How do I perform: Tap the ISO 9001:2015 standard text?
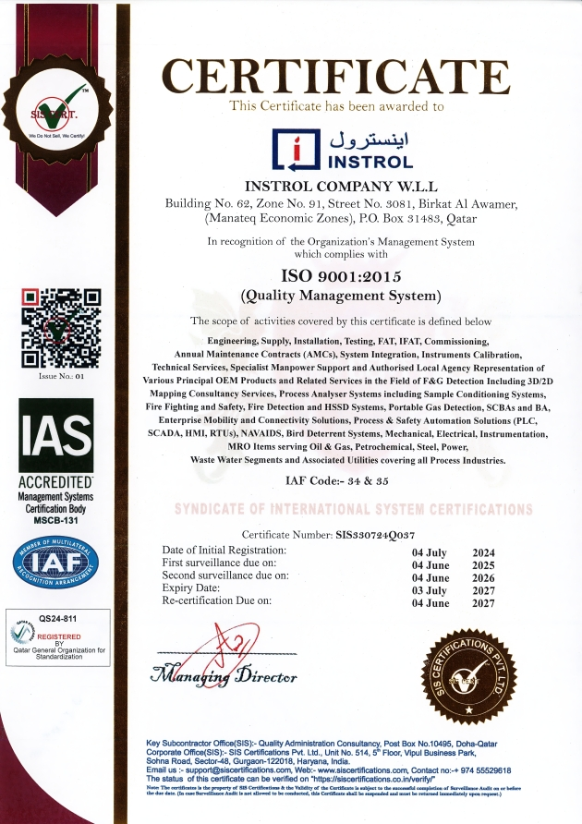point(340,276)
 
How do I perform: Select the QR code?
point(60,328)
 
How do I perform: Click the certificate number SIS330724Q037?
point(375,535)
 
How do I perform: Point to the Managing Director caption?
point(226,676)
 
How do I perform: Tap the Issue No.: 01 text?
point(60,377)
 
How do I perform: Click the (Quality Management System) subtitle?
point(340,296)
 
